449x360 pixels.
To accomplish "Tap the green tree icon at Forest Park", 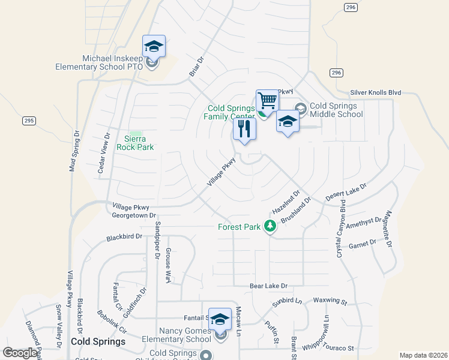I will (271, 226).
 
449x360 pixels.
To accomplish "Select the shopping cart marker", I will (267, 101).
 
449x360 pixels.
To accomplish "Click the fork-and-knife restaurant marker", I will (244, 129).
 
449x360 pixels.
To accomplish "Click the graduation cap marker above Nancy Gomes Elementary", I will (220, 320).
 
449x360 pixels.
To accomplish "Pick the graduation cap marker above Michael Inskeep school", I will (154, 46).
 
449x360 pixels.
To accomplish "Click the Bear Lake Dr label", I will (268, 286).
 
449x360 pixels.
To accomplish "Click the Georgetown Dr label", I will (133, 215).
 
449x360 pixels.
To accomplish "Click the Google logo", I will (19, 353).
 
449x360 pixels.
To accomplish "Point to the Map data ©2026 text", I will (423, 355).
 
